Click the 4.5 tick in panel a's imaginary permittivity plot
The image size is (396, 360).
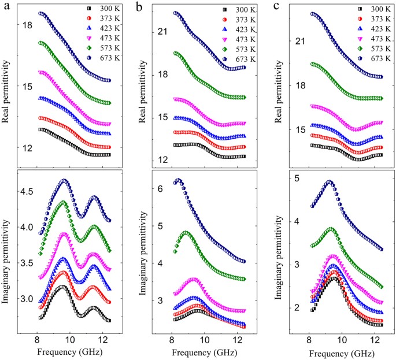(x=25, y=191)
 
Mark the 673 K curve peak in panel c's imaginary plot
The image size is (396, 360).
(x=330, y=181)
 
